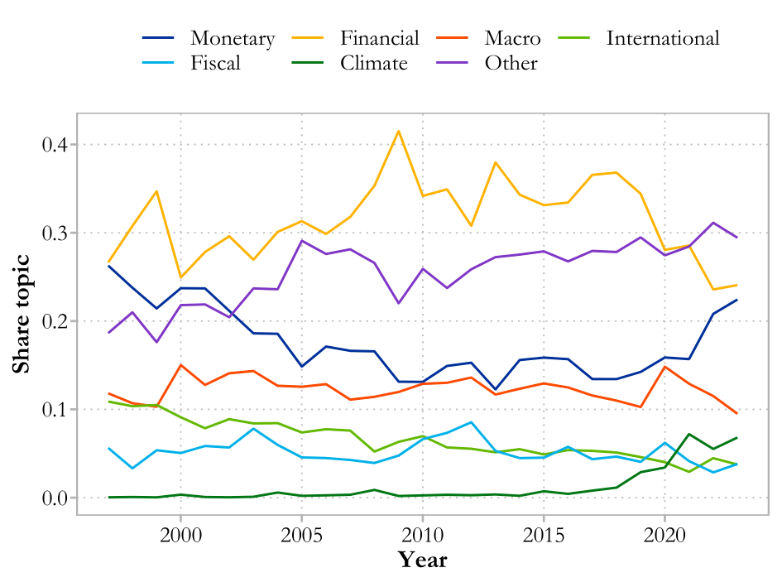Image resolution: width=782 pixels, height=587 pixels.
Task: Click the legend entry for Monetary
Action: pyautogui.click(x=232, y=38)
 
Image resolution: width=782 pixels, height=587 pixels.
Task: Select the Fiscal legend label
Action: pyautogui.click(x=215, y=63)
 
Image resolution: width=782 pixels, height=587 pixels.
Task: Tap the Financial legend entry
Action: pyautogui.click(x=380, y=38)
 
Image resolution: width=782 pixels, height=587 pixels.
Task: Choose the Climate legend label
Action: pyautogui.click(x=374, y=63)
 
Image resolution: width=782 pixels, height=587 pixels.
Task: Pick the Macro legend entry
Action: pyautogui.click(x=513, y=38)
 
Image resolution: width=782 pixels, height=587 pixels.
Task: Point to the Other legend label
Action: pyautogui.click(x=511, y=63)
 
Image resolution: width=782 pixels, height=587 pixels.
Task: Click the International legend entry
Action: pyautogui.click(x=663, y=38)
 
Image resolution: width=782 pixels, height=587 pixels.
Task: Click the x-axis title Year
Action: pyautogui.click(x=422, y=561)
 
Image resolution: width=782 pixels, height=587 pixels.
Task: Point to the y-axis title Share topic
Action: pyautogui.click(x=22, y=313)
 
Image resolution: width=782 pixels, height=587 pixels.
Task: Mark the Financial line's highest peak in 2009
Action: pyautogui.click(x=398, y=131)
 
